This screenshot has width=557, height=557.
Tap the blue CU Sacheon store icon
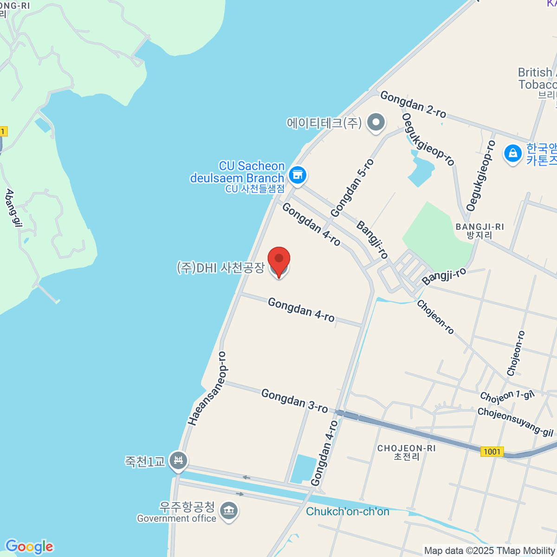(298, 175)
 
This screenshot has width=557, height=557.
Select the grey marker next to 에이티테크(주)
(376, 123)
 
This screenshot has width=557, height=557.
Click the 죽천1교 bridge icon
(178, 461)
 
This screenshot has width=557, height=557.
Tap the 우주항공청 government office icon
(228, 511)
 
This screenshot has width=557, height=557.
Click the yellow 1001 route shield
(492, 452)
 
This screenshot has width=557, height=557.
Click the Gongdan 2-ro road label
(413, 104)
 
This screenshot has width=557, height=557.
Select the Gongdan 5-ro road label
(352, 188)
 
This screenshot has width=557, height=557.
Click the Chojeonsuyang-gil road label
(515, 421)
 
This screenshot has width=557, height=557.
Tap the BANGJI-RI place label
(479, 231)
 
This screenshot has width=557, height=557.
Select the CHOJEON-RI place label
(407, 452)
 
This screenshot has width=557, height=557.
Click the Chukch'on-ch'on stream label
(348, 512)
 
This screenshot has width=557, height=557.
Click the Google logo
(29, 546)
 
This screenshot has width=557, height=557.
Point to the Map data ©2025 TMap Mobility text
(490, 551)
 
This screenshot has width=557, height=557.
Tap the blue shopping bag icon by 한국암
(512, 153)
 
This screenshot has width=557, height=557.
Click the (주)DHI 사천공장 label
(221, 268)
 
